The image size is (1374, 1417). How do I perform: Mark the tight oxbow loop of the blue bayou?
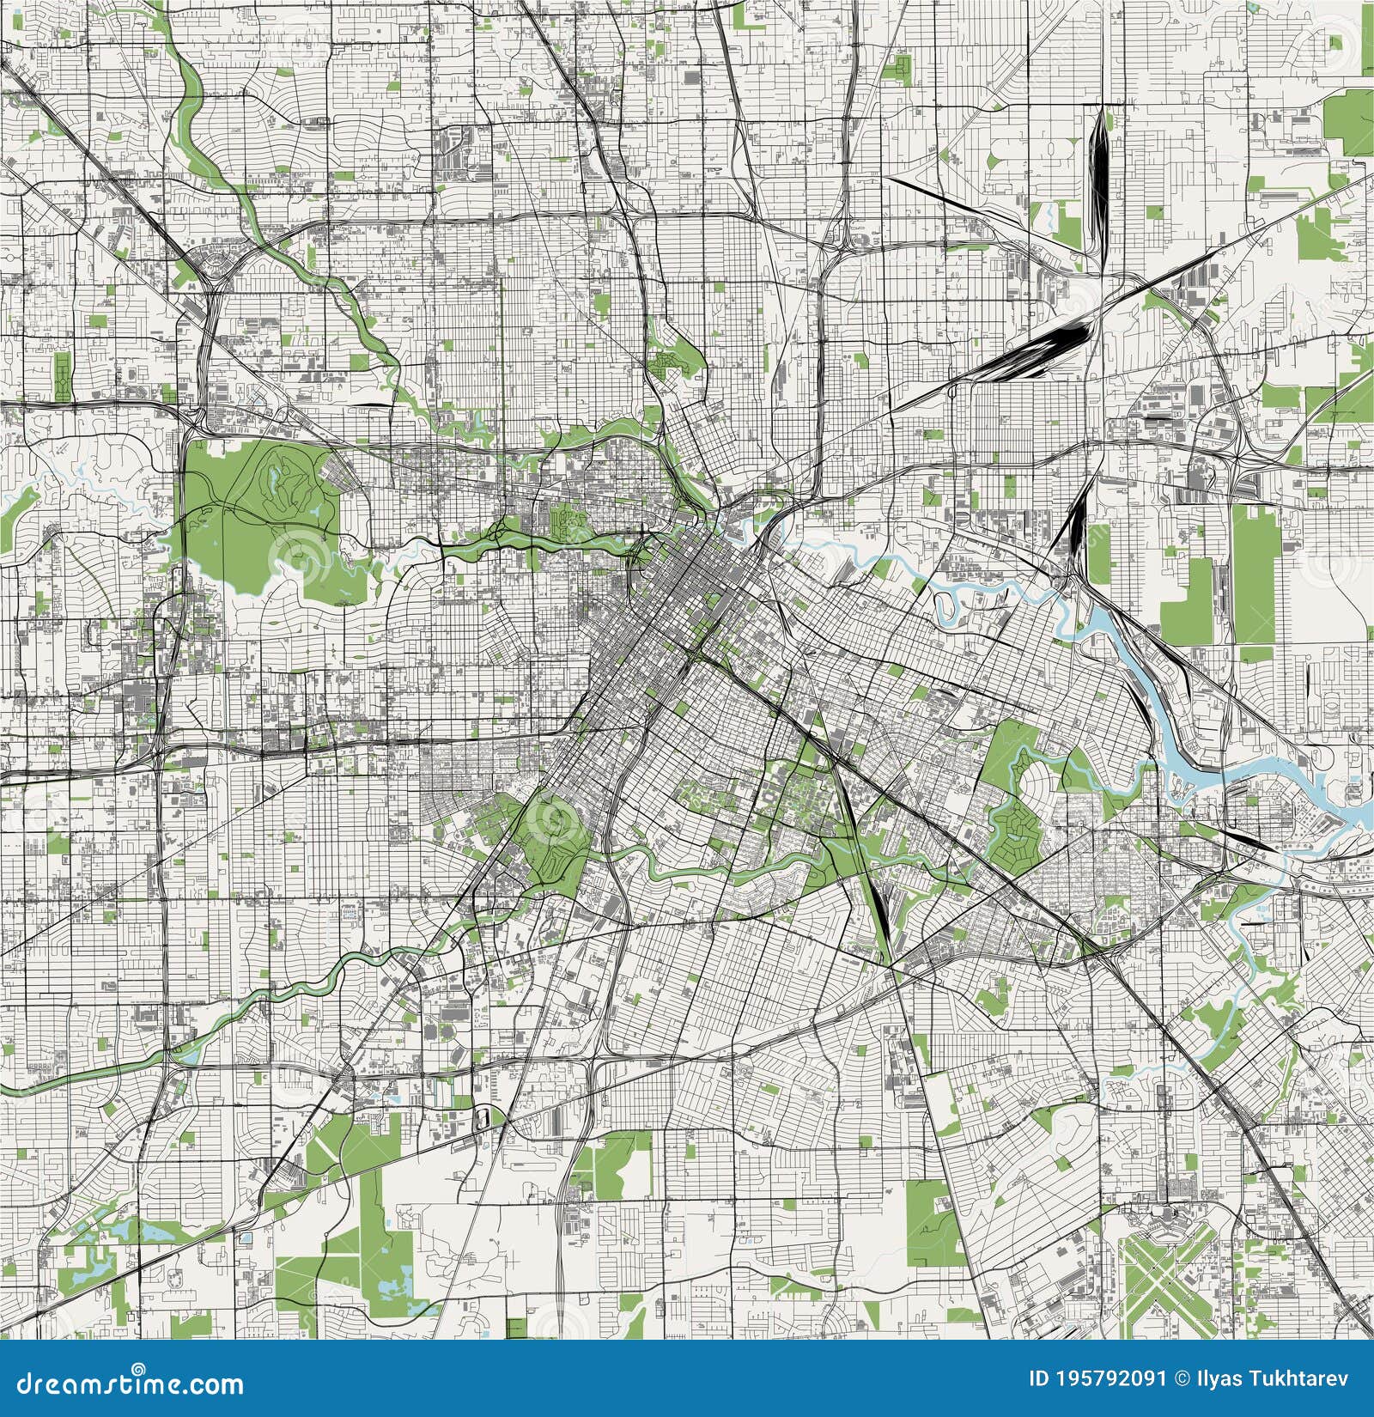coord(949,605)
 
